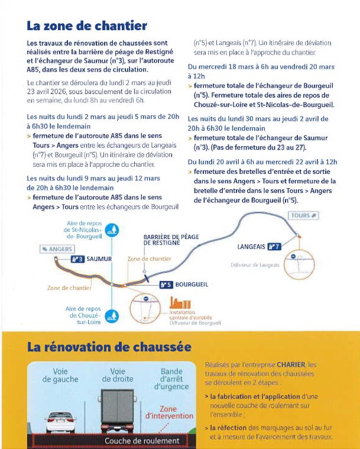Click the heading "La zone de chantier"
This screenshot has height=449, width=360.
pos(87,26)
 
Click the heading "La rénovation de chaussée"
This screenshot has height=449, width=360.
pos(109,347)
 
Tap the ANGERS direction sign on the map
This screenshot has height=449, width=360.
pos(57,249)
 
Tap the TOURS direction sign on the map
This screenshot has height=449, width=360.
pos(303,215)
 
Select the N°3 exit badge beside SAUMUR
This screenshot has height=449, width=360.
pos(77,259)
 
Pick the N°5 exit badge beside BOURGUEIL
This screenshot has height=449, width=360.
pos(166,285)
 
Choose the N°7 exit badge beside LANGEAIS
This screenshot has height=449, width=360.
pos(274,247)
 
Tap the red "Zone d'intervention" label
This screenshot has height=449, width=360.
pos(169,412)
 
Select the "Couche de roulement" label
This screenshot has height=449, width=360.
pos(141,441)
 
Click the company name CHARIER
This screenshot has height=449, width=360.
pos(291,365)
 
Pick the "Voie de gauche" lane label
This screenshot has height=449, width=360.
pos(61,375)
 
